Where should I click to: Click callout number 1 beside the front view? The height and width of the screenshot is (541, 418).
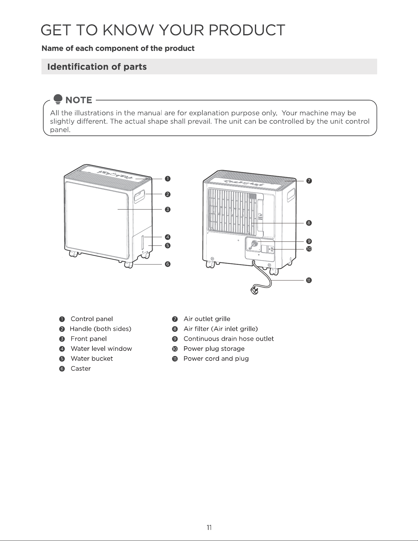tap(167, 178)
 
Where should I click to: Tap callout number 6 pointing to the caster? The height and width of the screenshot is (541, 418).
tap(167, 264)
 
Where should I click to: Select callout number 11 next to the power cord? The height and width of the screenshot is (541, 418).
tap(309, 280)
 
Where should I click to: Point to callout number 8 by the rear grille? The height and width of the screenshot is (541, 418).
tap(309, 223)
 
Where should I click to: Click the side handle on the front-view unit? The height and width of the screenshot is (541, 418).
tap(139, 197)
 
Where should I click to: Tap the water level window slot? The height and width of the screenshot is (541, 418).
tap(143, 243)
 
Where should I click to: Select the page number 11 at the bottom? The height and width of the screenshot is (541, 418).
tap(209, 528)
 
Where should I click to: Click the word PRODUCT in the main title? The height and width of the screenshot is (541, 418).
tap(247, 30)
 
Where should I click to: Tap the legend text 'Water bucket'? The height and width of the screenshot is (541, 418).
tap(92, 359)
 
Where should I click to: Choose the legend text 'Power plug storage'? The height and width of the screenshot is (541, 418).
tap(214, 349)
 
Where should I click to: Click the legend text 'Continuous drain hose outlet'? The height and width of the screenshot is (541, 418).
tap(229, 339)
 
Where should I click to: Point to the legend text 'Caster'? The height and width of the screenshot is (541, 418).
tap(80, 368)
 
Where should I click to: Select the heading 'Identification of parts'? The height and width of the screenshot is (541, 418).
tap(97, 67)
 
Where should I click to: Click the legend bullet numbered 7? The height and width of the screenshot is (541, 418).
tap(175, 319)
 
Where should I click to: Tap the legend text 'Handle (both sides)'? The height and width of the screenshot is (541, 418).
tap(100, 329)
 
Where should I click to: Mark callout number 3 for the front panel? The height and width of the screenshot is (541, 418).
tap(167, 210)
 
